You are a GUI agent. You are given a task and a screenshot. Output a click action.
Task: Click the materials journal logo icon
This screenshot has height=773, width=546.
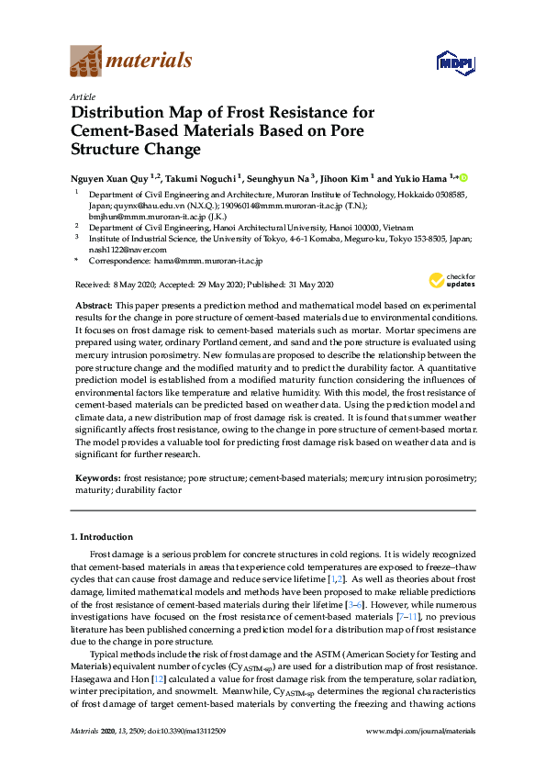click(x=84, y=62)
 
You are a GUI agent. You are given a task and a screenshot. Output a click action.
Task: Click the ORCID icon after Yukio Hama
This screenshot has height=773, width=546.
click(x=462, y=177)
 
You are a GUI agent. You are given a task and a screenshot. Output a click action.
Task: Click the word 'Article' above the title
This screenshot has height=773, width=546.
click(x=83, y=96)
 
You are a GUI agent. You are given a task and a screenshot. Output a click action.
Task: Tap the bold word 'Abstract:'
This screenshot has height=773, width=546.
click(x=94, y=303)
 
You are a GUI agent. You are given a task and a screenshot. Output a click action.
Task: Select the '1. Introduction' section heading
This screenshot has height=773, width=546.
click(x=101, y=537)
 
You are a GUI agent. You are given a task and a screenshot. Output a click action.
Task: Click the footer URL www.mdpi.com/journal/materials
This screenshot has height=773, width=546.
click(x=420, y=731)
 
